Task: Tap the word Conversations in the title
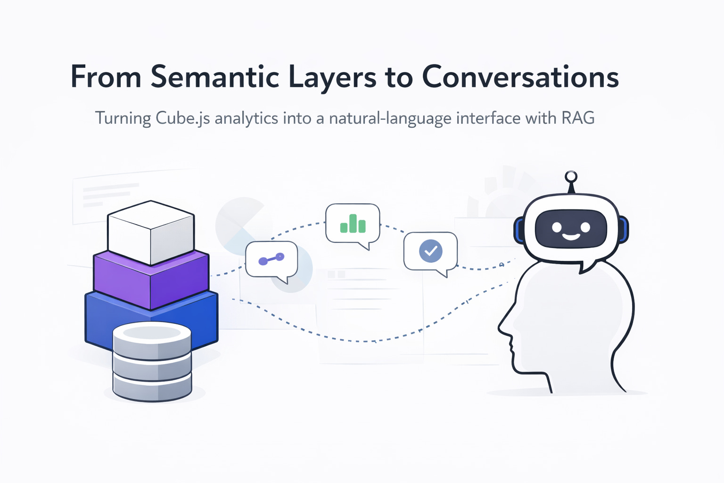[520, 77]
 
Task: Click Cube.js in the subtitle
[182, 118]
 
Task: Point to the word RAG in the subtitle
[578, 117]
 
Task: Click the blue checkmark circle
[431, 250]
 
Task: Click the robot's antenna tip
[571, 177]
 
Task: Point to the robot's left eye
[558, 227]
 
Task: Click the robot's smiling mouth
[571, 235]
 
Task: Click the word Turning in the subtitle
[123, 118]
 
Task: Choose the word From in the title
[106, 77]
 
